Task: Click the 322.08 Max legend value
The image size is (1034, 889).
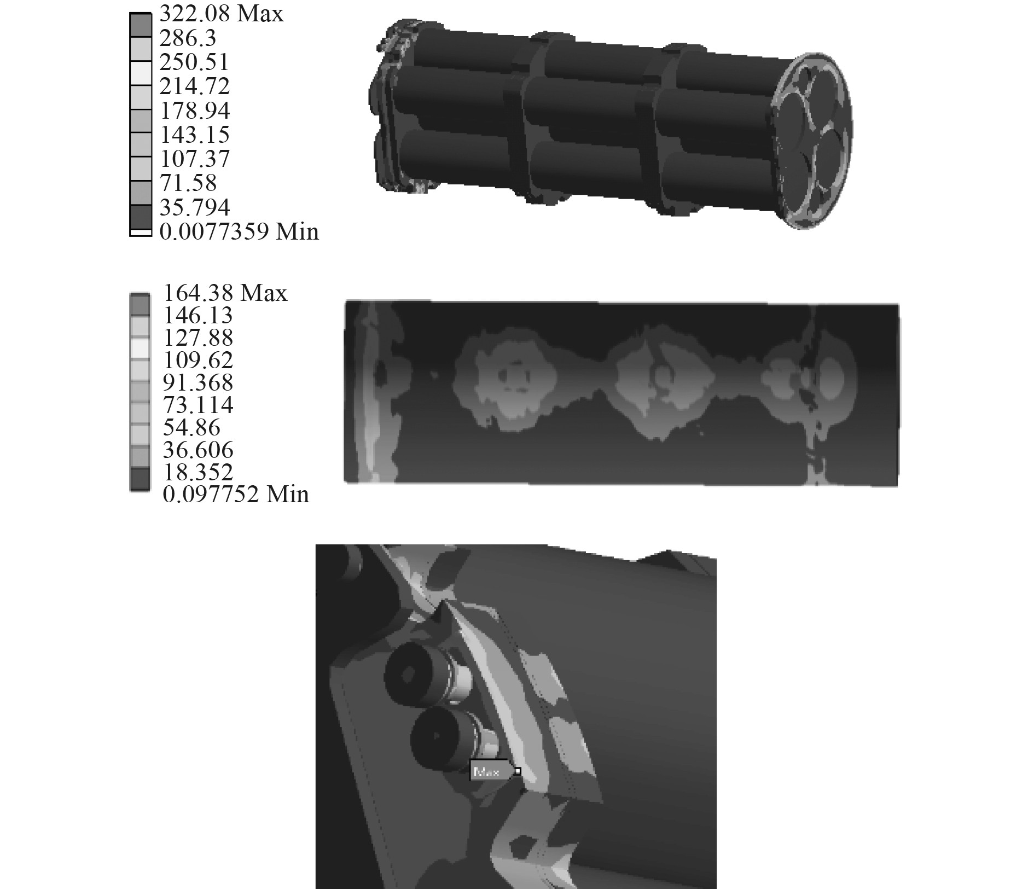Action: coord(222,13)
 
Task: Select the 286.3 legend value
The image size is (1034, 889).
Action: coord(188,38)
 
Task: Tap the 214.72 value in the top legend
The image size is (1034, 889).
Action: coord(194,86)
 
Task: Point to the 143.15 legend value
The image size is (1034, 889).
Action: coord(194,135)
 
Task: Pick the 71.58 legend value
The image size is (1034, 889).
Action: coord(188,183)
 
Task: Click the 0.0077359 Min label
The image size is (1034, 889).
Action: coord(239,231)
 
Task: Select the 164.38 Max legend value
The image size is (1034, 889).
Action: coord(225,293)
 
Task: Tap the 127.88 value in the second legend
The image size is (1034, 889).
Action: coord(198,338)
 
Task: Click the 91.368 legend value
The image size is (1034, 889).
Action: coord(198,382)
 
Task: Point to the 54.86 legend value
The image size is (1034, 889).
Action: coord(191,427)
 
